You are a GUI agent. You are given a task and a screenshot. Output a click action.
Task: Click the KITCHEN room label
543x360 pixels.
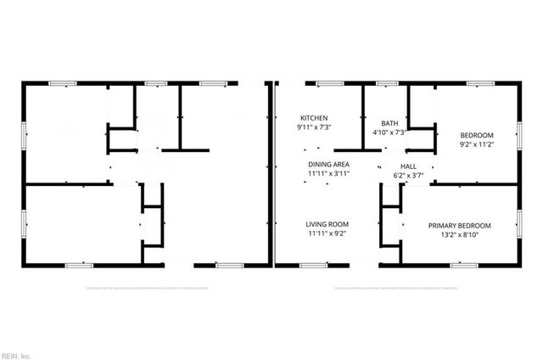tap(314, 118)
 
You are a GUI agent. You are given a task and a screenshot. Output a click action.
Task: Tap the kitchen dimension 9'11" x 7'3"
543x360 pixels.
tap(314, 127)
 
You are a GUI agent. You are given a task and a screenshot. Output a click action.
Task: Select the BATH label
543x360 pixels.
tap(389, 123)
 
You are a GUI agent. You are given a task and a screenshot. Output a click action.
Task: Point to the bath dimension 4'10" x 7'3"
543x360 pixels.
tap(389, 132)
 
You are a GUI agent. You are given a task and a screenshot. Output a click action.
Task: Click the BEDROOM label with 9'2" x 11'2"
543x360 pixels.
tap(476, 135)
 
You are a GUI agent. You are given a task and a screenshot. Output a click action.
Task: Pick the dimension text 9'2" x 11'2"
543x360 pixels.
tap(476, 144)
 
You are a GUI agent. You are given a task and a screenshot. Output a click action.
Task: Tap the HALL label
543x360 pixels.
tap(409, 166)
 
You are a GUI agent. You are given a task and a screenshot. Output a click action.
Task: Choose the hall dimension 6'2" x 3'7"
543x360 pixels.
tap(409, 176)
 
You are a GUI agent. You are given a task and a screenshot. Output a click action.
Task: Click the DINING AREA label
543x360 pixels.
tap(329, 164)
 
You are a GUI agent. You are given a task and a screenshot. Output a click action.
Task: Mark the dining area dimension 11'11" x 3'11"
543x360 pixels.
tap(329, 173)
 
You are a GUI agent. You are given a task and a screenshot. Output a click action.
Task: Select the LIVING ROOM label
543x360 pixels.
tap(327, 224)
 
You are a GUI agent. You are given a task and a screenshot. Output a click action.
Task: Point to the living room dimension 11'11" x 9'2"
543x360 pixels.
tap(327, 233)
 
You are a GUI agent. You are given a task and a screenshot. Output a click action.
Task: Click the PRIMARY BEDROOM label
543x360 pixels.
tap(460, 225)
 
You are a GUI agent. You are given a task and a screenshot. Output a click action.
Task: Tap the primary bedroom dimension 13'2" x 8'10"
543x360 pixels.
tap(460, 234)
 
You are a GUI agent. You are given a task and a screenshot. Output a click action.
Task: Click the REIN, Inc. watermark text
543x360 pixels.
tap(15, 354)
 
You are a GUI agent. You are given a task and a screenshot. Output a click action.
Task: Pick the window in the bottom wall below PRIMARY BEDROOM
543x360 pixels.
tap(462, 266)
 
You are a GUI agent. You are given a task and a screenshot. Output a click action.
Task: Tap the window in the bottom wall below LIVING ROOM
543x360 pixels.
tap(313, 266)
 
